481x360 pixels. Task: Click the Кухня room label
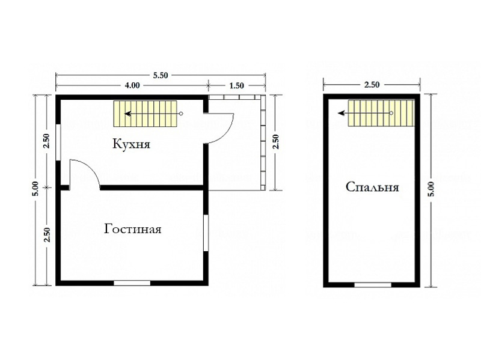(132, 144)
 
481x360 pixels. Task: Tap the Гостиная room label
(132, 229)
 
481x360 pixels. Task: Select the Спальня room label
(372, 187)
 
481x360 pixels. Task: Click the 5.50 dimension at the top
(161, 75)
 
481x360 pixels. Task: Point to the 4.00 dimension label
(132, 85)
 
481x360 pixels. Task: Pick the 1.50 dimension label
(236, 85)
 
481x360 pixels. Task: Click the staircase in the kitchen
(146, 114)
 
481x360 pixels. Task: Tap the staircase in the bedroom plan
(381, 113)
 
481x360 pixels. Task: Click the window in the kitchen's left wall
(58, 142)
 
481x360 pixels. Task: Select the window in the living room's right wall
(206, 233)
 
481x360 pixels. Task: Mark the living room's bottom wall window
(132, 283)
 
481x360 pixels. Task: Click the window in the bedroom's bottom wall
(373, 285)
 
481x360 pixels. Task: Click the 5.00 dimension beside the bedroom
(431, 189)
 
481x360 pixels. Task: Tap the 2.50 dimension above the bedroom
(372, 85)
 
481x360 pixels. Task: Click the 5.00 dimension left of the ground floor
(36, 189)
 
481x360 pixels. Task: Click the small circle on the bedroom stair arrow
(391, 113)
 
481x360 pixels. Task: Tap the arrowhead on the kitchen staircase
(127, 114)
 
